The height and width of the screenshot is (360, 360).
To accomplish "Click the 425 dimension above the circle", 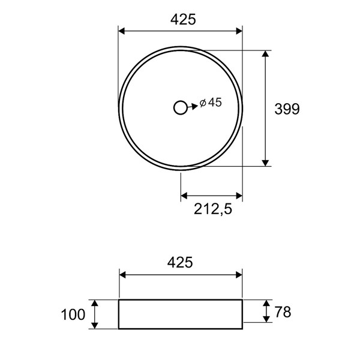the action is (x=183, y=19).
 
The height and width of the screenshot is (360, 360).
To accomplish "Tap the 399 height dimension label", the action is (x=287, y=109).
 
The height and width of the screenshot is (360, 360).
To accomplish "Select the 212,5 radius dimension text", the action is (x=213, y=209).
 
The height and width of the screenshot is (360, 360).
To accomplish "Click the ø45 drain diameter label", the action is (x=211, y=103).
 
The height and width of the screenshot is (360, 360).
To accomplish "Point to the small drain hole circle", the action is (x=181, y=107).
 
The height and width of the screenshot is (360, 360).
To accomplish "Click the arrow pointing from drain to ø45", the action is (x=193, y=107).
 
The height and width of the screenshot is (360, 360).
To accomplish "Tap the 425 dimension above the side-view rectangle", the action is (x=180, y=262).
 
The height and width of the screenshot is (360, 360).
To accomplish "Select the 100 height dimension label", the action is (x=73, y=314).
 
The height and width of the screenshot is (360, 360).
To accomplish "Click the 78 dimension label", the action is (x=283, y=312).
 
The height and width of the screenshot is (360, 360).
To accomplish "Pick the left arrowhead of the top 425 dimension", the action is (x=121, y=31).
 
